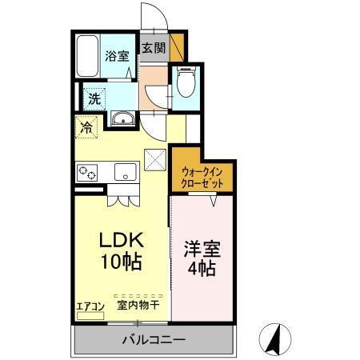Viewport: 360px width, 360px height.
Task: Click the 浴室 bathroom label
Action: pos(117,56)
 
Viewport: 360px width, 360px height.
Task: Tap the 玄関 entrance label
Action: pos(154,48)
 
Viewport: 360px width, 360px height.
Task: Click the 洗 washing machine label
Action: pos(94,100)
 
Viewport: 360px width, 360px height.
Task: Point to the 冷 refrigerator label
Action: pos(85,126)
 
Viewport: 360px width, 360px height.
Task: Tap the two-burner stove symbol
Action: pos(87,171)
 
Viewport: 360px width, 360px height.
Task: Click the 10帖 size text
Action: pos(119,260)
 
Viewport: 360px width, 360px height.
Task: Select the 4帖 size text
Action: pos(200,270)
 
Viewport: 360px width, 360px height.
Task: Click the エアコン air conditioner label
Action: pos(90,305)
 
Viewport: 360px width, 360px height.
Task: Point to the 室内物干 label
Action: pos(138,305)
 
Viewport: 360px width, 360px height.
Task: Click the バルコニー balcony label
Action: pos(154,340)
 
